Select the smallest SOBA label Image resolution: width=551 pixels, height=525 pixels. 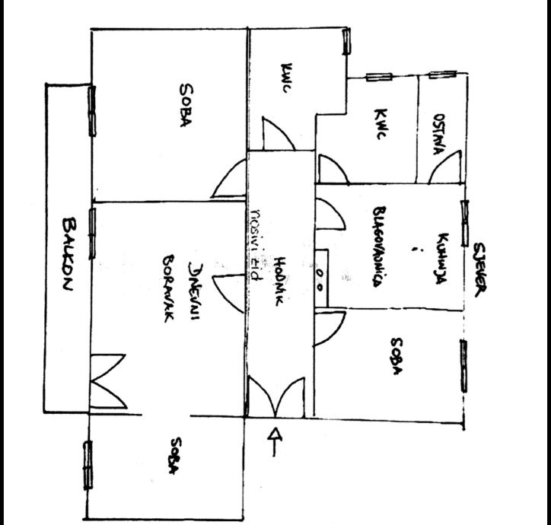click(176, 457)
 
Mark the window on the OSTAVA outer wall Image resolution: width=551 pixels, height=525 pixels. click(442, 75)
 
